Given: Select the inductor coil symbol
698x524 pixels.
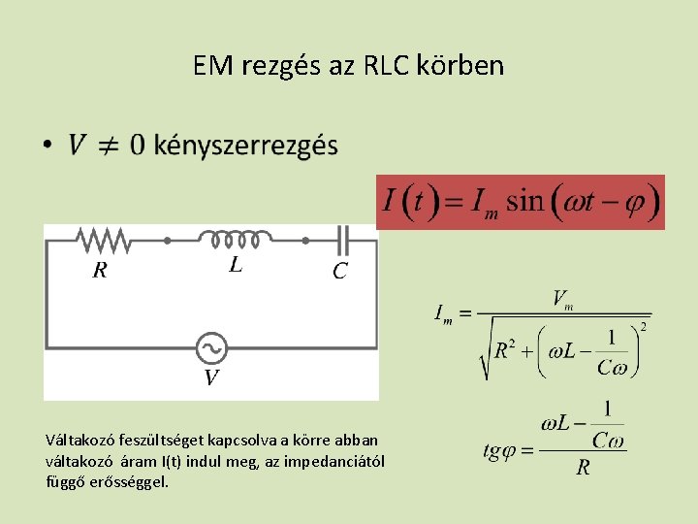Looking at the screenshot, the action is pos(235,238).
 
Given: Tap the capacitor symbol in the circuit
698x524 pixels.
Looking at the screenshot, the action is pos(341,238).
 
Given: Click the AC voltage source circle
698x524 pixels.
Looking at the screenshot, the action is pos(210,346).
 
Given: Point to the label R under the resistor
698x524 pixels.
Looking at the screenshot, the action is pos(99,271).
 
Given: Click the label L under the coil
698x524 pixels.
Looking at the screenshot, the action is pos(236,264).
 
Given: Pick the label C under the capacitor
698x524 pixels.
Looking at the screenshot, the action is pos(339,272).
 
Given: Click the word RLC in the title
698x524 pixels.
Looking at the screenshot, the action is pos(388,66).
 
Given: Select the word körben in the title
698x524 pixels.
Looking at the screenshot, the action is pos(460,66).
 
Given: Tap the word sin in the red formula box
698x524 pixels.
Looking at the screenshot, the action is pos(525,201).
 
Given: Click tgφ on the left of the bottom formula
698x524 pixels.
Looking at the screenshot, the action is pos(505,450).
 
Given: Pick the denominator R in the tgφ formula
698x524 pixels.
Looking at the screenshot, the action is pos(583,469).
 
